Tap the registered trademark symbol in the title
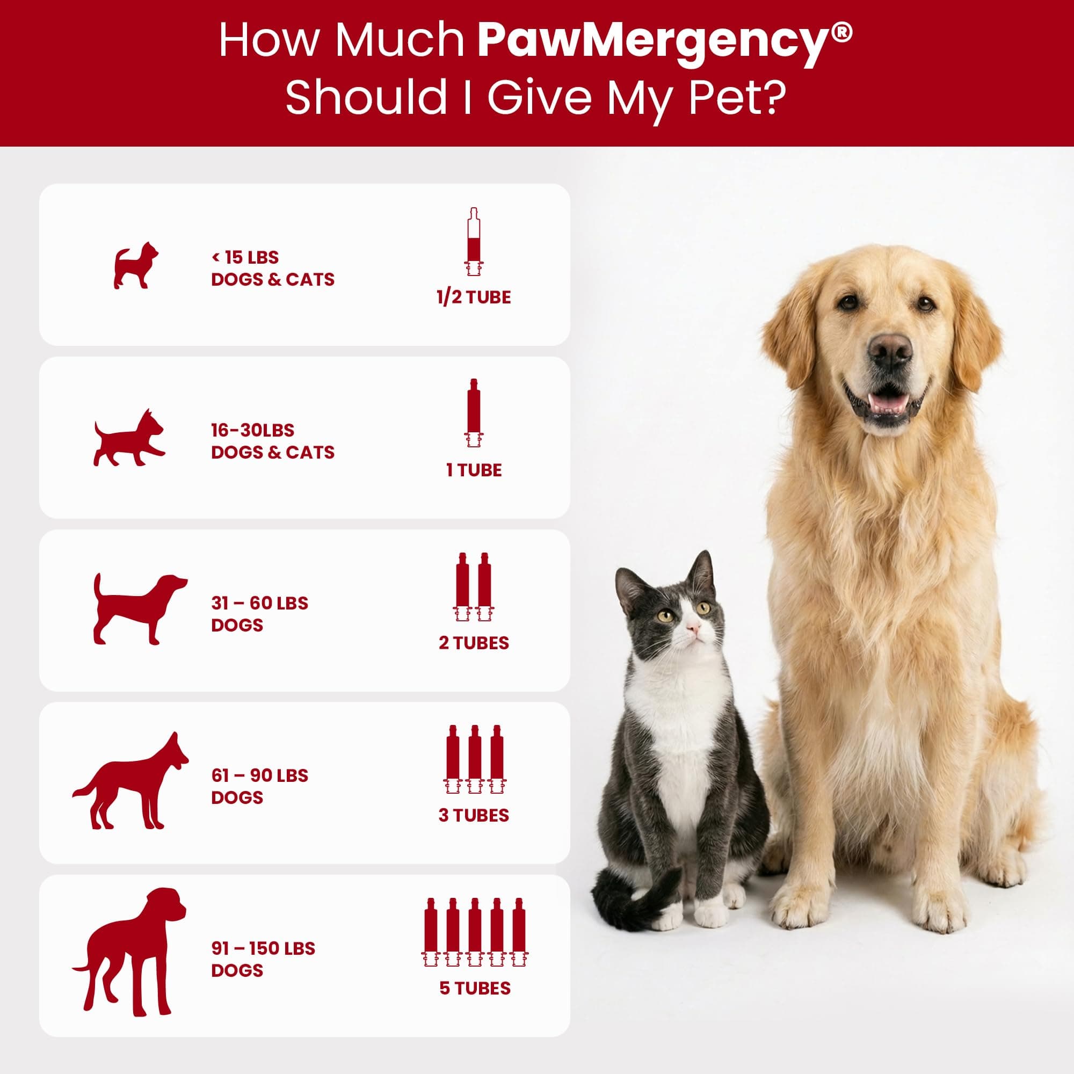pyautogui.click(x=842, y=32)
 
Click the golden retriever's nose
pyautogui.click(x=890, y=351)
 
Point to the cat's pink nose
pyautogui.click(x=693, y=628)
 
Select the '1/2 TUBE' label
pyautogui.click(x=474, y=297)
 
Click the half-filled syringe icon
pyautogui.click(x=474, y=242)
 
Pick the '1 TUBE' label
pyautogui.click(x=474, y=470)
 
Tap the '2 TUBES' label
pyautogui.click(x=474, y=643)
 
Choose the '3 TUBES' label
pyautogui.click(x=474, y=816)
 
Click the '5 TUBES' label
pyautogui.click(x=475, y=989)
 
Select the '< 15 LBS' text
pyautogui.click(x=245, y=257)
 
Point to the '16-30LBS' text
pyautogui.click(x=252, y=430)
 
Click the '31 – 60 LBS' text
pyautogui.click(x=259, y=603)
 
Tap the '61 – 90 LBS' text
pyautogui.click(x=259, y=775)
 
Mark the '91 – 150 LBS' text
pyautogui.click(x=263, y=948)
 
